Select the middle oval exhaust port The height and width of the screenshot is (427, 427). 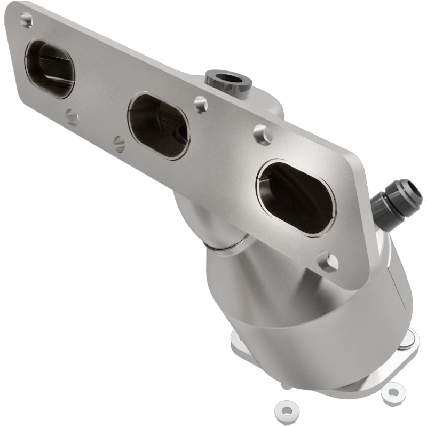point(159,126)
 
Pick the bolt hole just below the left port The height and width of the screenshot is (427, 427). point(72,117)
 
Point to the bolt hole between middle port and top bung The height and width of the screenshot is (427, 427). point(201,104)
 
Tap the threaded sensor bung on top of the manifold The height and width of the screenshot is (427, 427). point(228,81)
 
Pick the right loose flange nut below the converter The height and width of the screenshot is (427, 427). point(392,393)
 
